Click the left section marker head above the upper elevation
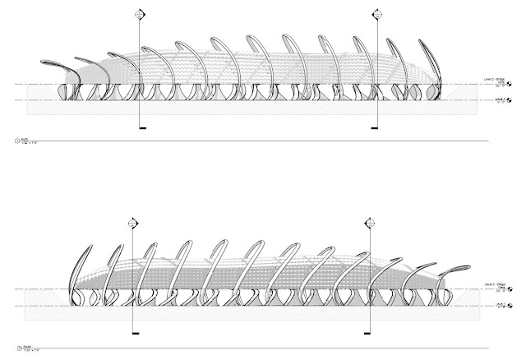coord(141,13)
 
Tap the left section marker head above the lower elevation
coord(134,223)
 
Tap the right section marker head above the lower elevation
coord(364,223)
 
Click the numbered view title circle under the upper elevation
coord(18,141)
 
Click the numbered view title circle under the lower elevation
coord(18,348)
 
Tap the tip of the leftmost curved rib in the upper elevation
coord(43,64)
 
